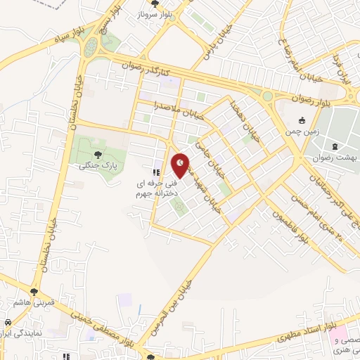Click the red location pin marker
[x=181, y=164]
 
